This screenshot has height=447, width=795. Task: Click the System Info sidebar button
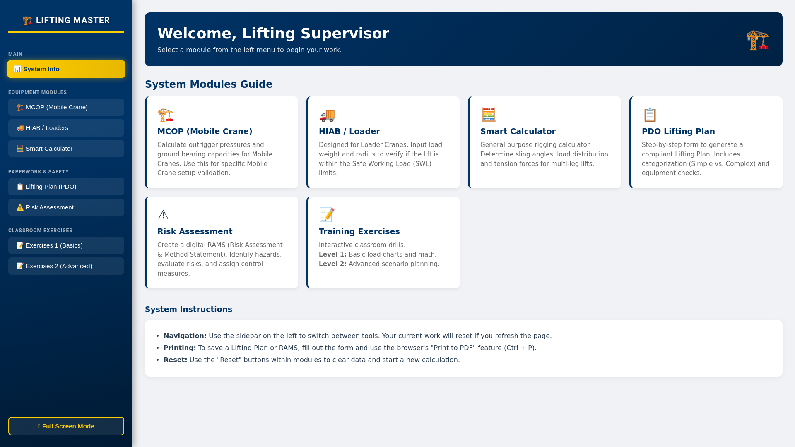point(66,69)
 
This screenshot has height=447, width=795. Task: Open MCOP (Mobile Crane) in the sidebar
point(66,107)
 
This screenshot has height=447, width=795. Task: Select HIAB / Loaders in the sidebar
point(66,128)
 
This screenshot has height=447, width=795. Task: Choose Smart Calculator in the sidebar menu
point(66,149)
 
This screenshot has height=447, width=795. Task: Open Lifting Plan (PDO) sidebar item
point(66,187)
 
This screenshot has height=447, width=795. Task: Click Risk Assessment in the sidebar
point(66,207)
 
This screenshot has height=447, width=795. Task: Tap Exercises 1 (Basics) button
point(66,245)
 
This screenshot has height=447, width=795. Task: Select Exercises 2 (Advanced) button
point(66,266)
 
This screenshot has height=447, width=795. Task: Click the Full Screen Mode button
point(66,426)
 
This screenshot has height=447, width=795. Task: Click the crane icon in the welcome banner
point(757,40)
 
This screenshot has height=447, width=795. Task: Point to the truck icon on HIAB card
point(327,115)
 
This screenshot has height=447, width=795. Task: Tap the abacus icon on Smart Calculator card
point(488,115)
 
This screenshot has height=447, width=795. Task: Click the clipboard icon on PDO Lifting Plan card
point(650,115)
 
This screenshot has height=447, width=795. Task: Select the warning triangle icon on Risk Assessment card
point(163,215)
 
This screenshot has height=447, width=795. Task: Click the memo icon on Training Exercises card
point(327,215)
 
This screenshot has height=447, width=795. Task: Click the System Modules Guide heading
point(209,84)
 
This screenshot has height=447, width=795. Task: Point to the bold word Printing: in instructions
point(180,348)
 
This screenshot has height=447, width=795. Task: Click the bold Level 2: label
point(332,264)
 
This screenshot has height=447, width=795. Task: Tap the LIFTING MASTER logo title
point(66,20)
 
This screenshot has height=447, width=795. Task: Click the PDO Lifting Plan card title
point(678,131)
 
